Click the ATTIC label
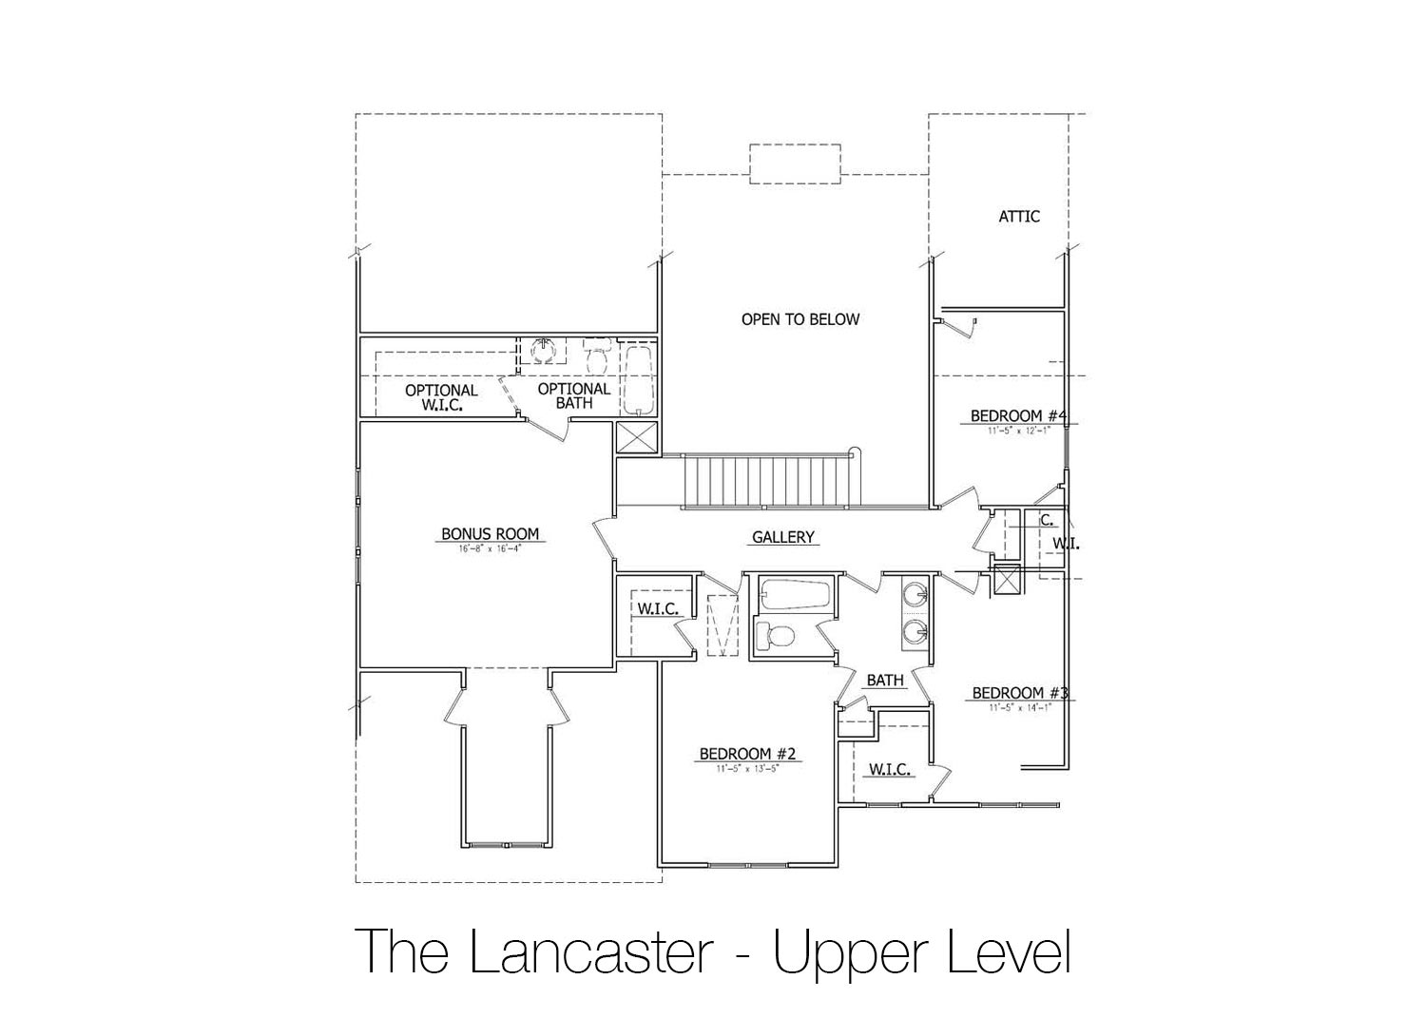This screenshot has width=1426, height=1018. pos(1018,217)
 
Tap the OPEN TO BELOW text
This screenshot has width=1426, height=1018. pos(800,319)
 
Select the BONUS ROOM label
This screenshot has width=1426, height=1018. pos(490,534)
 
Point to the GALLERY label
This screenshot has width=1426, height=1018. pos(782,537)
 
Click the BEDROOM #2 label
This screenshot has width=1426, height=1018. pos(746,754)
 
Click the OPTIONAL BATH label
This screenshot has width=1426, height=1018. pos(574,395)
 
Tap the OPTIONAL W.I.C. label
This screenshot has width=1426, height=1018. pos(441,397)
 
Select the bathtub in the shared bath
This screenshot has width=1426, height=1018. pos(795,596)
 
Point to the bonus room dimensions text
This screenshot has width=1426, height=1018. pos(490,549)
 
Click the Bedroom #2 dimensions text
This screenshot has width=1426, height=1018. pos(746,768)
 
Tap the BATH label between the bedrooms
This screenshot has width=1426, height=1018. pos(884,681)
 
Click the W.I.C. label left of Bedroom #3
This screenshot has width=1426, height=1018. pos(890,769)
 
